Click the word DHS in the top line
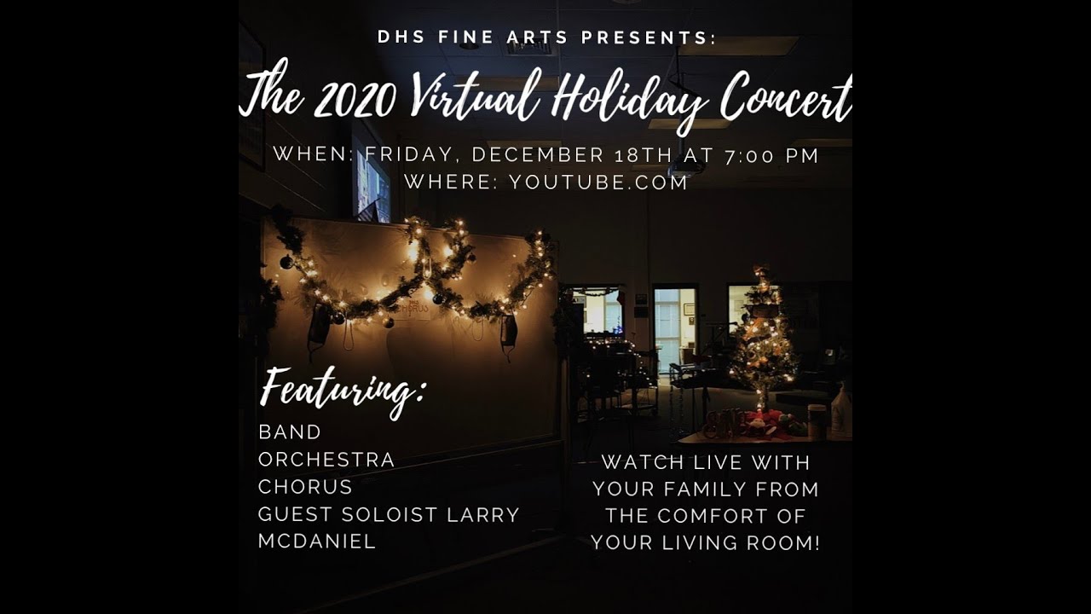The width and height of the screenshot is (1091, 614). point(399,38)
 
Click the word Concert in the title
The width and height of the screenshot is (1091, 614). point(785,99)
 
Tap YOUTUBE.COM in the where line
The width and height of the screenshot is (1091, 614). point(598,182)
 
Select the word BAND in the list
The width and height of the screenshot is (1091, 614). point(290,432)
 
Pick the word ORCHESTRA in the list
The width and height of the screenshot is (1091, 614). point(326,460)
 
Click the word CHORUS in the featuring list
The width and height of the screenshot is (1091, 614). point(305,487)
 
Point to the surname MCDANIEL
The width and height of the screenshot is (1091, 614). point(317,542)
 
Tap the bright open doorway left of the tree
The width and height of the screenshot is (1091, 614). point(674,329)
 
